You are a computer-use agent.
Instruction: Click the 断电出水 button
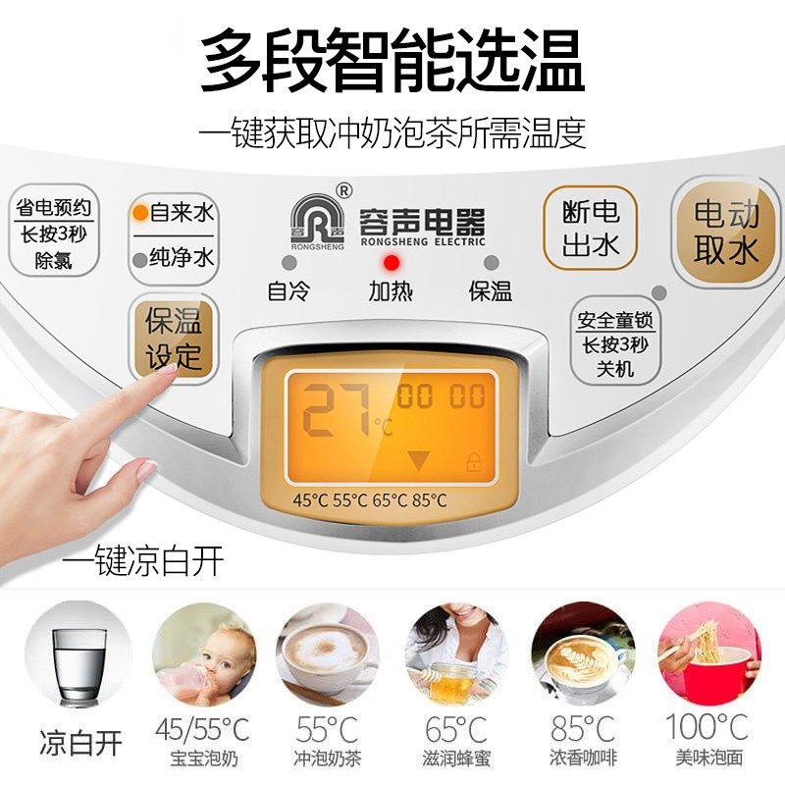coord(591,228)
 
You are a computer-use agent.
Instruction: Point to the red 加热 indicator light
coord(392,263)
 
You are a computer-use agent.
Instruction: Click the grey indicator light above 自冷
coord(288,263)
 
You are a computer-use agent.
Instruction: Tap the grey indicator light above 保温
coord(491,263)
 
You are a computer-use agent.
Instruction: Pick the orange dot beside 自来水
coord(141,212)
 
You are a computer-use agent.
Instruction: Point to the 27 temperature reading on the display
coord(335,409)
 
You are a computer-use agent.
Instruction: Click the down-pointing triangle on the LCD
coord(419,459)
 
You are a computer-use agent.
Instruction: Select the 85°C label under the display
coord(429,499)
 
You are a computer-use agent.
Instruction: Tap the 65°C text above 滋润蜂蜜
coord(455,729)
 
